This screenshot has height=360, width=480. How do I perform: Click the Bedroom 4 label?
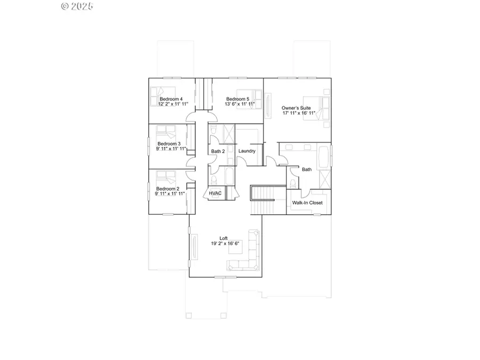click(171, 99)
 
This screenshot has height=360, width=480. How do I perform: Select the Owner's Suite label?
click(296, 108)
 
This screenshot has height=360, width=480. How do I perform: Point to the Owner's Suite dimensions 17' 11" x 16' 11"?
click(299, 113)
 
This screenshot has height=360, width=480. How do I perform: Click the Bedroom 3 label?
click(168, 143)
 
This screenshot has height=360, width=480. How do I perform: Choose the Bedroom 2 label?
click(167, 188)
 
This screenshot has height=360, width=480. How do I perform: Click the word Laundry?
click(247, 151)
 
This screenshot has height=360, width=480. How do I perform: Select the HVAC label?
click(215, 193)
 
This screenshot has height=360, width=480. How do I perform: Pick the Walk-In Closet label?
click(307, 203)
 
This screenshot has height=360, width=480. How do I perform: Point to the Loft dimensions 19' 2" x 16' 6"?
click(226, 244)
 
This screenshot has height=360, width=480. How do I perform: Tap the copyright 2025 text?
click(77, 6)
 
